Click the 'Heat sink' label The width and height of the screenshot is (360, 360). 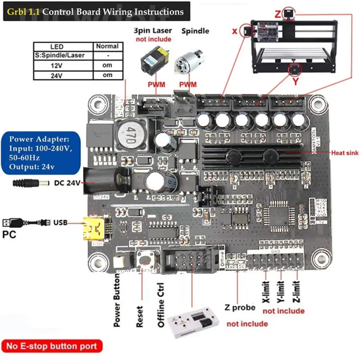344,153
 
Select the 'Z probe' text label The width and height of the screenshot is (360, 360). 240,308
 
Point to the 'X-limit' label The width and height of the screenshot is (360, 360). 266,292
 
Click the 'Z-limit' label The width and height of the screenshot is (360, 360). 296,292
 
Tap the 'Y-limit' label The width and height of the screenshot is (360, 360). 281,292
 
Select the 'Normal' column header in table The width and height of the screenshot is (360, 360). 107,46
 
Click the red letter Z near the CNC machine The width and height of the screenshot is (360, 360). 278,14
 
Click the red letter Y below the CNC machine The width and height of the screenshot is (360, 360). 296,82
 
